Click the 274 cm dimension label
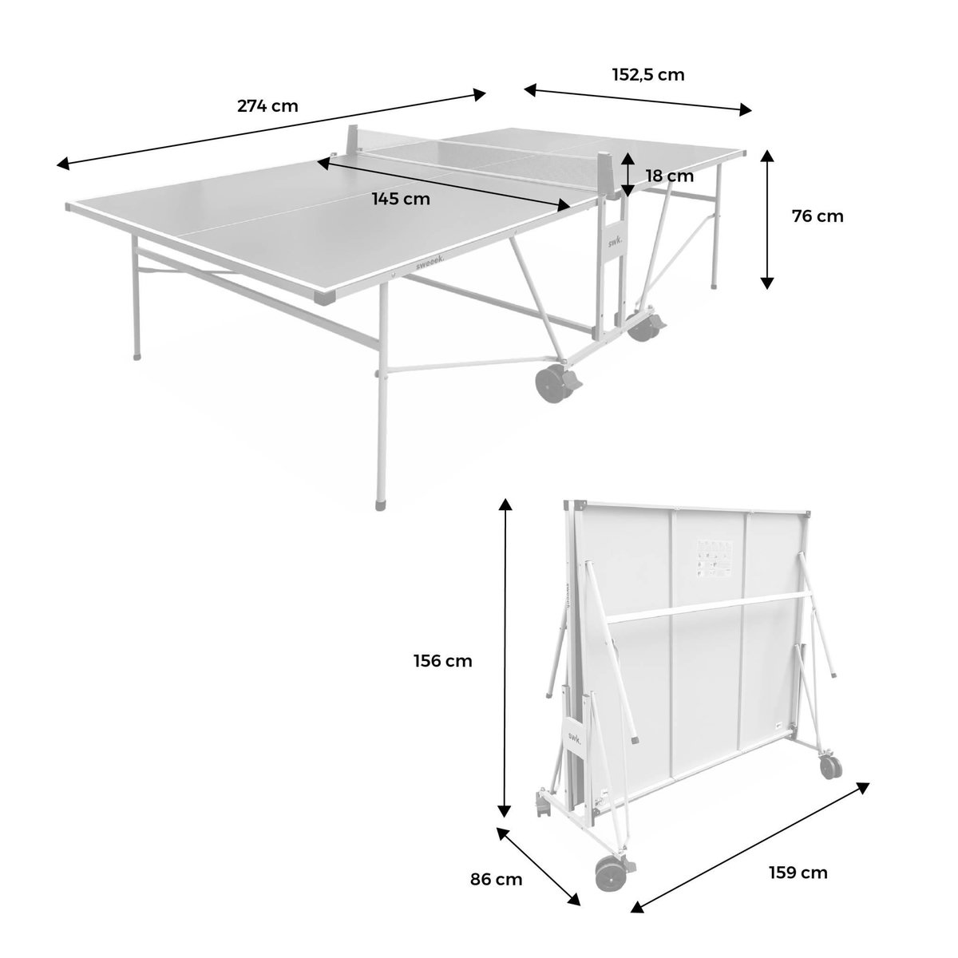[x=267, y=105]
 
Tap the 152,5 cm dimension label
[x=648, y=75]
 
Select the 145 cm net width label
[x=401, y=199]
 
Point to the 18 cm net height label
[x=670, y=176]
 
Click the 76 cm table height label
[x=817, y=216]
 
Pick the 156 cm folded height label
[x=443, y=661]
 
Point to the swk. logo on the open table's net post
[x=613, y=241]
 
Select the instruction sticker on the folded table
[x=714, y=558]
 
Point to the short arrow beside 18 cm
[x=628, y=174]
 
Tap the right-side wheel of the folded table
[x=830, y=766]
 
